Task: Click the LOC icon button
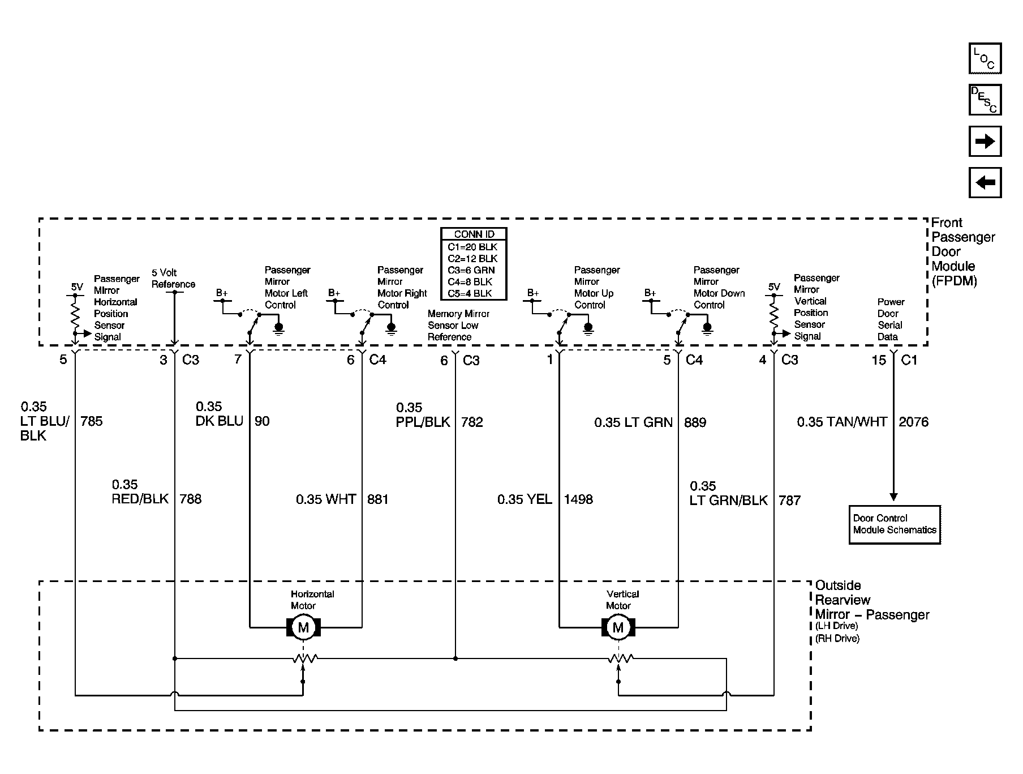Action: [985, 58]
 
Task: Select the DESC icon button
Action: [985, 100]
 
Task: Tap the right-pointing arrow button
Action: [985, 141]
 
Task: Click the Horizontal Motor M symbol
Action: [304, 627]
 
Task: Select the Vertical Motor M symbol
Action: [618, 627]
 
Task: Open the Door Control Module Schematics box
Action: [895, 524]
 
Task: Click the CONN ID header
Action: [474, 234]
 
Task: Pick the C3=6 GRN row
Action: [472, 270]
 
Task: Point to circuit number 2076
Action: [914, 422]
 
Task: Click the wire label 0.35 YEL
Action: [525, 499]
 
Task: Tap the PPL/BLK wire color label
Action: [423, 422]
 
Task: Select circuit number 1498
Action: [578, 499]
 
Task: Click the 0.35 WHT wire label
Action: [326, 499]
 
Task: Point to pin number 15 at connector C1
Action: [879, 360]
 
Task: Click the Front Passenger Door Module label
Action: [963, 251]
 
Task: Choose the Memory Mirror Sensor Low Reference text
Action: [458, 326]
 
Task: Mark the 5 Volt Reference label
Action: [173, 279]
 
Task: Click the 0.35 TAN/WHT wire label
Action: [842, 422]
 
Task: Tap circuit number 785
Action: [92, 421]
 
